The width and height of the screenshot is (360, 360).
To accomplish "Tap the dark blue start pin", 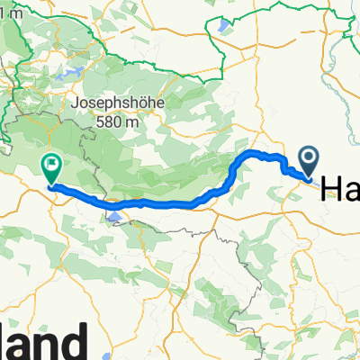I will [307, 163].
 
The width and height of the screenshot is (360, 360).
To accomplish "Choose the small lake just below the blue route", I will [114, 215].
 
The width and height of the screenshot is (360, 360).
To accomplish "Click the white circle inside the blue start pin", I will [307, 158].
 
